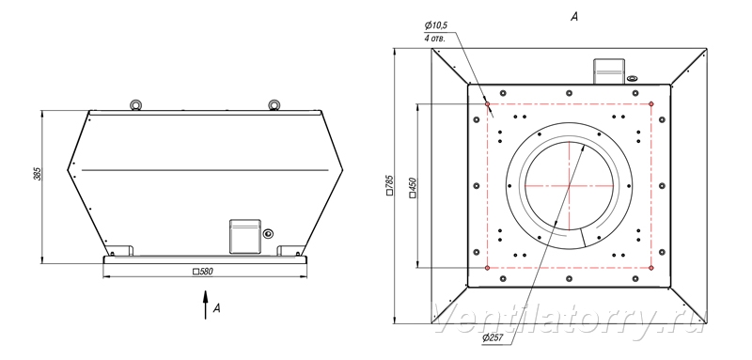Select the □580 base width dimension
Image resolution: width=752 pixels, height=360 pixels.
[202, 272]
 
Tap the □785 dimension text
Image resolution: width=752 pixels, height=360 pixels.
[389, 185]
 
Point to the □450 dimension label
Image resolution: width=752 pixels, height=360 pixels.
[413, 187]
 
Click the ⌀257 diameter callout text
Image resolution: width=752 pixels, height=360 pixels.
[493, 338]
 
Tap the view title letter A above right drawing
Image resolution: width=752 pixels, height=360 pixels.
[574, 17]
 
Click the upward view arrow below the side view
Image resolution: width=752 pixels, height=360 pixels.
[206, 305]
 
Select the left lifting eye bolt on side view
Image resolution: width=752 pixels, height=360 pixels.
[134, 104]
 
